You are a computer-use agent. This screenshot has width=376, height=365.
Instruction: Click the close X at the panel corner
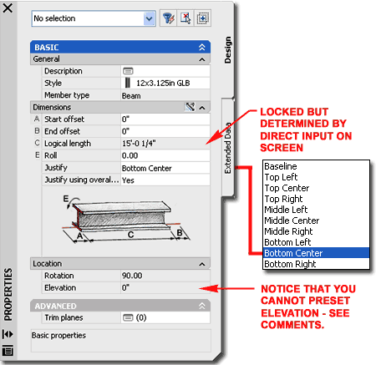[8, 8]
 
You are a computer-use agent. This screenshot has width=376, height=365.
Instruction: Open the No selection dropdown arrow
[150, 18]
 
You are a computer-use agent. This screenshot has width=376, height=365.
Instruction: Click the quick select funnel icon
[168, 18]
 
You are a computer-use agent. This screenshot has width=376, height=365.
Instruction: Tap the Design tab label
[228, 50]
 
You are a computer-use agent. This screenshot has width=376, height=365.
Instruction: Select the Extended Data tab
[228, 148]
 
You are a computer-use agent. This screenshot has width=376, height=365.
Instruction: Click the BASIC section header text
[47, 48]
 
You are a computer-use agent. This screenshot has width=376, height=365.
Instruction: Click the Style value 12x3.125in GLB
[163, 83]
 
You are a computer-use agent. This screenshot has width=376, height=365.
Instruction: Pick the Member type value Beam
[131, 96]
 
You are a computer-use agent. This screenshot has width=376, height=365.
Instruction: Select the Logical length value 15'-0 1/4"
[139, 144]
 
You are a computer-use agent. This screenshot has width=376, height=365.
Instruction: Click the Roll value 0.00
[130, 155]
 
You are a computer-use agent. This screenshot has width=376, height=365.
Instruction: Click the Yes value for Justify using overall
[128, 180]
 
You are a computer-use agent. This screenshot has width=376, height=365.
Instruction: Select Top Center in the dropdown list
[287, 188]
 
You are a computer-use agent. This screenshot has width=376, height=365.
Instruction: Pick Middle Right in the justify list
[288, 231]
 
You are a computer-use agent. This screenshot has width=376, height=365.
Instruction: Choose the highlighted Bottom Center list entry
[293, 253]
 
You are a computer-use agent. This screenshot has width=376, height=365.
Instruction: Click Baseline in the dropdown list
[281, 166]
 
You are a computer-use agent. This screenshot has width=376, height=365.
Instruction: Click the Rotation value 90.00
[132, 276]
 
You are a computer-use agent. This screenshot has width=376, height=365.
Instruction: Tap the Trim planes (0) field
[135, 317]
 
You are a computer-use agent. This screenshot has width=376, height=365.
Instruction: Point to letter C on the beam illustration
[130, 235]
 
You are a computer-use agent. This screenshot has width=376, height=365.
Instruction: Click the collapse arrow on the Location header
[202, 264]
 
